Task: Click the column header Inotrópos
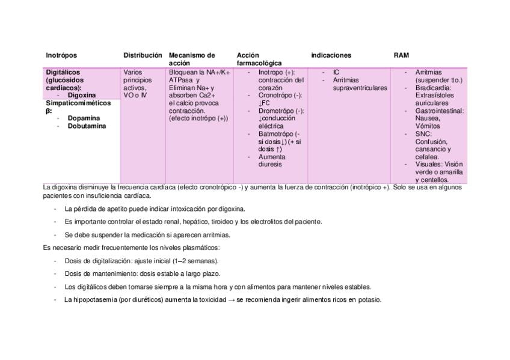(61, 55)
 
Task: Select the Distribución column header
(143, 55)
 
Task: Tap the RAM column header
(401, 55)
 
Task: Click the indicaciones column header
(331, 55)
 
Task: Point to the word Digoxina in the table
(82, 95)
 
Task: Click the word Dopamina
(84, 118)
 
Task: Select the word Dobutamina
(87, 126)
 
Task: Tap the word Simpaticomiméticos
(78, 103)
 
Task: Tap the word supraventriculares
(359, 88)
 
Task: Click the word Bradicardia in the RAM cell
(432, 88)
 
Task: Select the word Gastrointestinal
(439, 111)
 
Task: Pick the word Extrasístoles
(435, 96)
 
